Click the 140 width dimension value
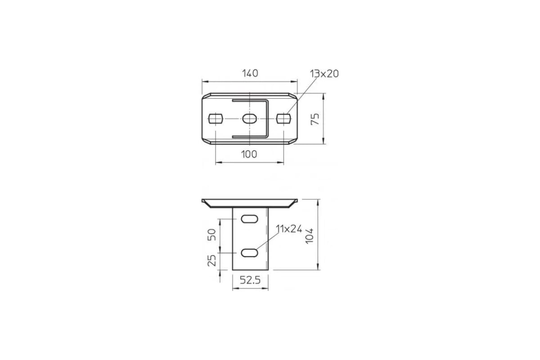point(250,73)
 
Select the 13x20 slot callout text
point(324,74)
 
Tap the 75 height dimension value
point(315,119)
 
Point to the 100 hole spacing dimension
point(249,154)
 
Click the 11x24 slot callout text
point(289,229)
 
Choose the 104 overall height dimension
point(309,236)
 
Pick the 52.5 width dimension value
point(250,280)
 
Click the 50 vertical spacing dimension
point(211,234)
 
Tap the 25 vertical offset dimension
point(211,261)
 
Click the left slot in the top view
point(216,118)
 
